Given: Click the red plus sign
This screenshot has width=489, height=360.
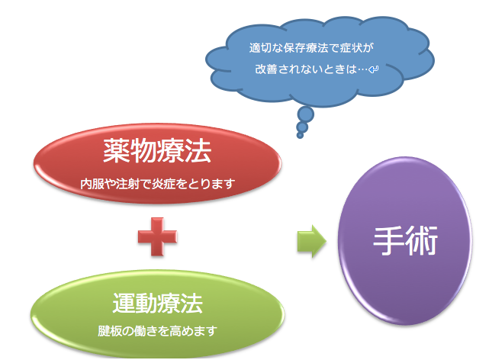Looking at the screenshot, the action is (157, 236).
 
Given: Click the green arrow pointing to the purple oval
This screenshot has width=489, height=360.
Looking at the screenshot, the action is (311, 241).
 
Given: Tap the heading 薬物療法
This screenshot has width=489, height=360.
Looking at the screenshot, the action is (157, 151).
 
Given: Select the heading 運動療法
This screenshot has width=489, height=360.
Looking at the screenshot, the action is (157, 303).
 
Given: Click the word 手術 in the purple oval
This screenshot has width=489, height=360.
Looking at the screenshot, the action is (405, 240).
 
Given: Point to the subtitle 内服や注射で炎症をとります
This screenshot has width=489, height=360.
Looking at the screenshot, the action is (157, 184).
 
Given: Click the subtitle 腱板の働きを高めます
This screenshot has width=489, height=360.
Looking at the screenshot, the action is (157, 331).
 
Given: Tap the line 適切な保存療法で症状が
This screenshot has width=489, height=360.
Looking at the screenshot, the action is (311, 48).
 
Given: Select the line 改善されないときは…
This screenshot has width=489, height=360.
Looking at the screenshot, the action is (311, 69).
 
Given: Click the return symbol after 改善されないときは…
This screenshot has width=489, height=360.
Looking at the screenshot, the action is (374, 69).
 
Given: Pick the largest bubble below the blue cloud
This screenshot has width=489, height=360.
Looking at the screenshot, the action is (306, 114).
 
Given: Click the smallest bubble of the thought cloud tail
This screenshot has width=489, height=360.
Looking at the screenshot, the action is (300, 135).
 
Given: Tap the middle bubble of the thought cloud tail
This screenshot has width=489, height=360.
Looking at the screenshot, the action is (302, 127).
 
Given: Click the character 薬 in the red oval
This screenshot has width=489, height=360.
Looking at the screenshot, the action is (116, 151).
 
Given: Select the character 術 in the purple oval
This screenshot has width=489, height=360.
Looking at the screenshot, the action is (423, 240).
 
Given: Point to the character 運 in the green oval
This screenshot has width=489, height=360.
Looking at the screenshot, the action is (124, 303).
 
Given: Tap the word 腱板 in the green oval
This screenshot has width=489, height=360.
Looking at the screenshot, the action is (109, 331).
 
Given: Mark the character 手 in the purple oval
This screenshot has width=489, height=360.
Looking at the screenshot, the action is (389, 240).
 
